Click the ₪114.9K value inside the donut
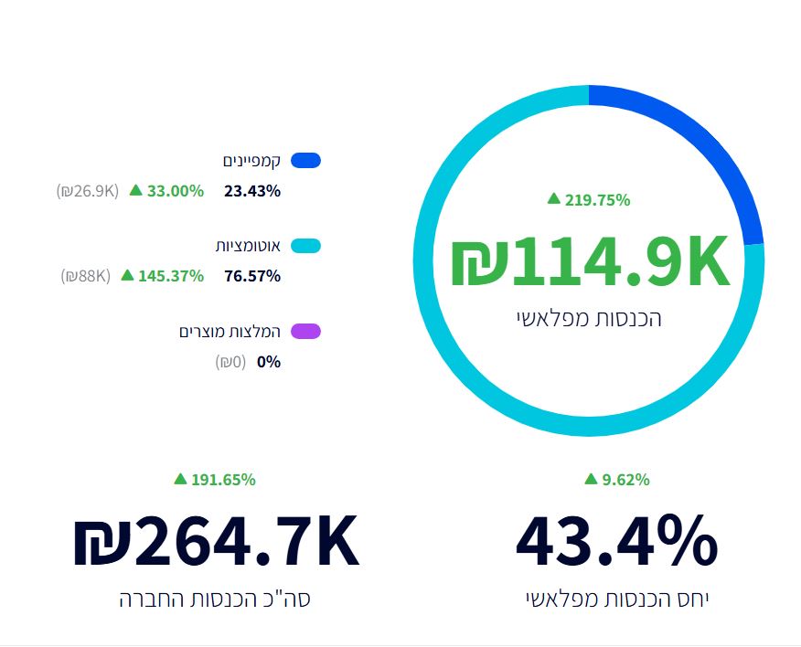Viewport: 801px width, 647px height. (x=590, y=263)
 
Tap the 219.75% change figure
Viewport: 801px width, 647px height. (x=598, y=200)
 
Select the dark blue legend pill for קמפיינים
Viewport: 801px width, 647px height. (x=305, y=161)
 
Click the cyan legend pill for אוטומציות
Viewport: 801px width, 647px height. (x=305, y=246)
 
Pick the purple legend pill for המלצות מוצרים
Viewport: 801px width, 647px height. (x=305, y=331)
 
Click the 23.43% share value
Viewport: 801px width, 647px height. (x=252, y=191)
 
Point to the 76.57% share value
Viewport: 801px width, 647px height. (x=252, y=276)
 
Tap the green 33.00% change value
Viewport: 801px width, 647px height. (x=175, y=191)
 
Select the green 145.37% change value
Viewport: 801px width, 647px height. (x=171, y=276)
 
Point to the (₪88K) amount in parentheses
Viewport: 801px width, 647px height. (x=86, y=276)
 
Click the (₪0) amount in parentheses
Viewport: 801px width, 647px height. (x=230, y=362)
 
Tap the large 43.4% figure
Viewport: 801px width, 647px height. (x=617, y=542)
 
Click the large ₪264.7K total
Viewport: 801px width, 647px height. (x=216, y=542)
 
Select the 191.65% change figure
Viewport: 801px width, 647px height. (x=223, y=480)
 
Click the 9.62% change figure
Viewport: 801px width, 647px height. (x=625, y=480)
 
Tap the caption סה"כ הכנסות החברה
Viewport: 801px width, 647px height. (x=221, y=599)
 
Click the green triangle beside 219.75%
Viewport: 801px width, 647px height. (x=553, y=198)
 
